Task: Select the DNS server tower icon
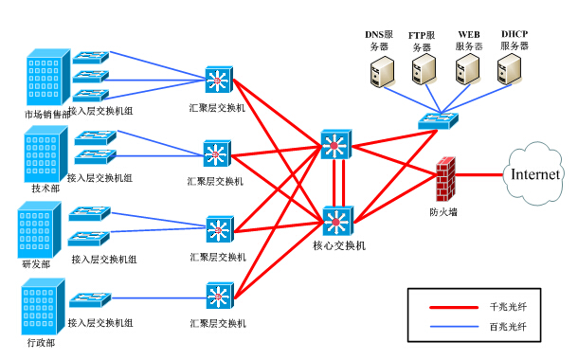[380, 70]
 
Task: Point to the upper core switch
[334, 145]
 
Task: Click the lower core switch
[337, 222]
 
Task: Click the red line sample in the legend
[453, 307]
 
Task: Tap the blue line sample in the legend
[453, 326]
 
